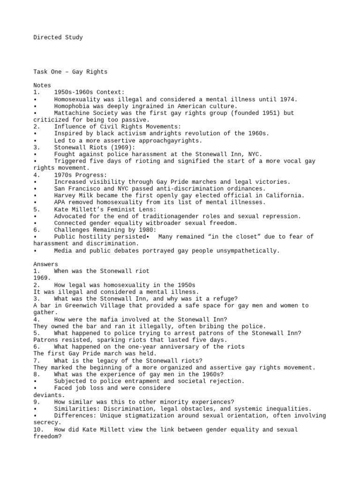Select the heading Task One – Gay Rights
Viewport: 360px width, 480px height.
point(70,72)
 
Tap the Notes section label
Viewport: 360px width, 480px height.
point(42,86)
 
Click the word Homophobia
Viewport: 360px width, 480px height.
point(72,106)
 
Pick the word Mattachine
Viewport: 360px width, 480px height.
point(72,113)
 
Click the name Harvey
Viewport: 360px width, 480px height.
point(65,195)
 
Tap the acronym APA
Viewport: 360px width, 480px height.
point(60,202)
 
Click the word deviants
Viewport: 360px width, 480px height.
point(47,395)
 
